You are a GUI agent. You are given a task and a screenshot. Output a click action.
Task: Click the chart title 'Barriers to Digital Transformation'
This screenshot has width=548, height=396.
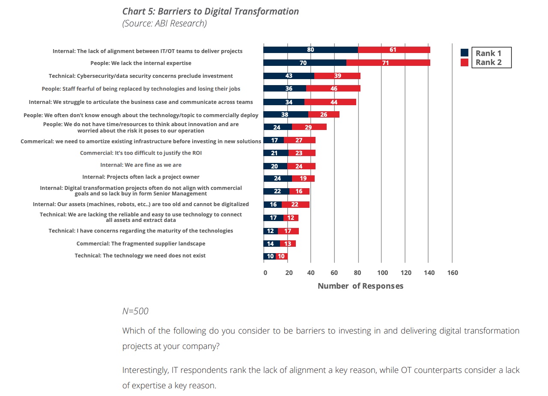211,12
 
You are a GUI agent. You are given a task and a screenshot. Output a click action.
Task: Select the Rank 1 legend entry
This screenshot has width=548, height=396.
488,53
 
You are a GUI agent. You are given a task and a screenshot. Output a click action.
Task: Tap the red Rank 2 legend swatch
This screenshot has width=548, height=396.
465,62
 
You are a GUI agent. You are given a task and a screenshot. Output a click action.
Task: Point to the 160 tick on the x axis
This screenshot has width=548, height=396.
452,273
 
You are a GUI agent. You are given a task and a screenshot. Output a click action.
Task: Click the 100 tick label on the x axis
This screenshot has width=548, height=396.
382,273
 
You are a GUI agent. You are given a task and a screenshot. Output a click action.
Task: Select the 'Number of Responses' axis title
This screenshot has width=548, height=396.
360,286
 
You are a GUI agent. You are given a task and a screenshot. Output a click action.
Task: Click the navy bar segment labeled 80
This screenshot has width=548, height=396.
310,50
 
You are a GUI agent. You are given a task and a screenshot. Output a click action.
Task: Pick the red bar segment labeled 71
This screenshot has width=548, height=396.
388,63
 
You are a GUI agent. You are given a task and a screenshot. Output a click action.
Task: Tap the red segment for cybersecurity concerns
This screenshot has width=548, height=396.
337,76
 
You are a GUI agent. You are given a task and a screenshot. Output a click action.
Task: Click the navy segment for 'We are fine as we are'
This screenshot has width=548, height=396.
275,166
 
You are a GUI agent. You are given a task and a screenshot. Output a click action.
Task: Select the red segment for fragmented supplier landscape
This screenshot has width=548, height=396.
288,244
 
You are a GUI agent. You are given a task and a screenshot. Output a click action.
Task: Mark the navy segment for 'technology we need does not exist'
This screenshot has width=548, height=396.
269,256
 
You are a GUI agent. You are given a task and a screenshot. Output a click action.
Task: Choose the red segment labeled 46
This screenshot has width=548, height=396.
334,89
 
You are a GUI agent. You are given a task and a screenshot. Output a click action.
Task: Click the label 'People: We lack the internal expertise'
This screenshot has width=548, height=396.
141,63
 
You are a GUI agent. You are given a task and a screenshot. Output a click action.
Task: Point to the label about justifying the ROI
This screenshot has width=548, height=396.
141,153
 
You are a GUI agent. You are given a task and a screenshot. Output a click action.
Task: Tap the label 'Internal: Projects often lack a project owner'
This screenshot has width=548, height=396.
141,177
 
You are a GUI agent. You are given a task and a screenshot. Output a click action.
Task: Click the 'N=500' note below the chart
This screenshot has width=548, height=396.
135,311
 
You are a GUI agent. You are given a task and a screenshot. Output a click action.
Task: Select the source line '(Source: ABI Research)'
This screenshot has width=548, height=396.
164,24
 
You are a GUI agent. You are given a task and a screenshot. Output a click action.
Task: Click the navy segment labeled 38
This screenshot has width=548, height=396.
286,115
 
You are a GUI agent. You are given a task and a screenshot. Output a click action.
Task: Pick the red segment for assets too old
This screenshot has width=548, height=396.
295,204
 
